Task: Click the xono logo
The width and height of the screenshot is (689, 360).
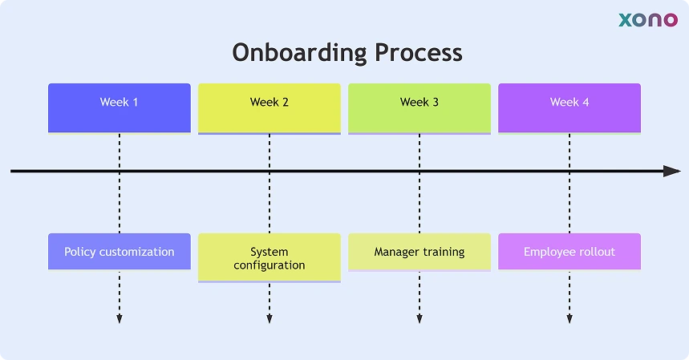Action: coord(647,20)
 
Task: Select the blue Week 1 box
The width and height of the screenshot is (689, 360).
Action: coord(120,107)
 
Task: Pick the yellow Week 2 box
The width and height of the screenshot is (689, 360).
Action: coord(270,107)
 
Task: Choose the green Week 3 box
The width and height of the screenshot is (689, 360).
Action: coord(419,107)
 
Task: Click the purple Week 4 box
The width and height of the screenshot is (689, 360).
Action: coord(569,107)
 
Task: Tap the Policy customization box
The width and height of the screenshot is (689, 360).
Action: coord(120,252)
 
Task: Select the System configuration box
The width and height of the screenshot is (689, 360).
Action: coord(270,258)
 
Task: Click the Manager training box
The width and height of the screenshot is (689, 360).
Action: coord(419,252)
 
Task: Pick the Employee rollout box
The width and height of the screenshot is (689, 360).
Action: coord(569,252)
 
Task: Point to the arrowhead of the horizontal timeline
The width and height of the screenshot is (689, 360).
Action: coord(672,171)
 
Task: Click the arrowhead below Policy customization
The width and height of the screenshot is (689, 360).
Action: coord(120,319)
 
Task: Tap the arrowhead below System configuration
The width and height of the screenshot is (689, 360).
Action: coord(270,319)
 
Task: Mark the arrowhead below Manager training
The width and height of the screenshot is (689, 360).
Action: coord(419,319)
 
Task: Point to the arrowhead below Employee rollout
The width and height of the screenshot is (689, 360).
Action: coord(569,319)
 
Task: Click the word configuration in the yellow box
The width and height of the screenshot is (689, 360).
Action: coord(270,265)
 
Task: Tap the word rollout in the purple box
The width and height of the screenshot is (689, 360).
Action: coord(594,252)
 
